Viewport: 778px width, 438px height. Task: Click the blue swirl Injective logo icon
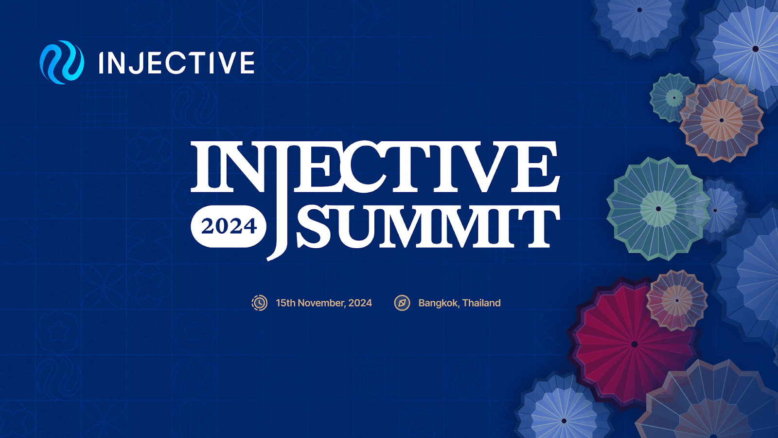point(62,62)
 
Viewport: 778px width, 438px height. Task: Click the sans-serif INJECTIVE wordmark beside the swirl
point(177,63)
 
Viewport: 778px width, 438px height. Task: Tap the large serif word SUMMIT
point(428,226)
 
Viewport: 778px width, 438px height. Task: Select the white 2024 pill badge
point(229,226)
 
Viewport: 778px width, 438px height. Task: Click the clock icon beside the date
point(260,303)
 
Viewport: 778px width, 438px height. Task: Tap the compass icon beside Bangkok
point(402,303)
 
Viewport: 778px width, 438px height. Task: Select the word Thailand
point(482,303)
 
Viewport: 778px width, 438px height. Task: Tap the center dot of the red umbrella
point(634,344)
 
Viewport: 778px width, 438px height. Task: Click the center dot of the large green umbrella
point(658,209)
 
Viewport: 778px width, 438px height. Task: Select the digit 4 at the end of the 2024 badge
point(250,227)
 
